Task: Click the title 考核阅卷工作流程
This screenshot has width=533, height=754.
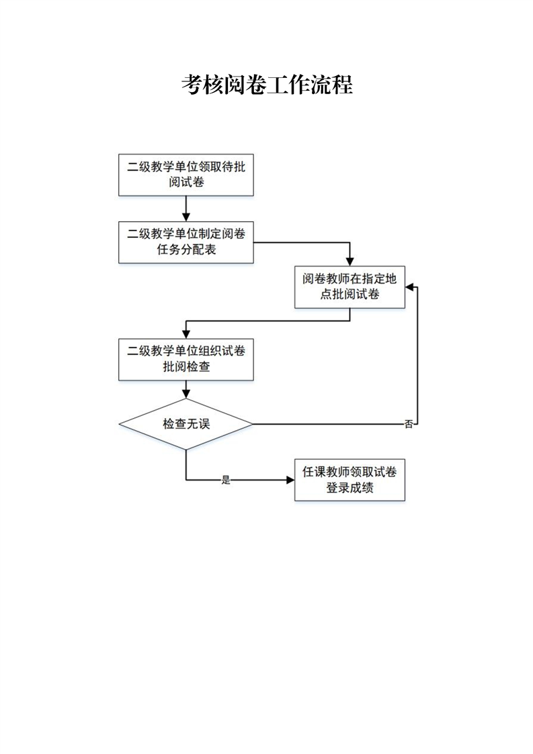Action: coord(267,85)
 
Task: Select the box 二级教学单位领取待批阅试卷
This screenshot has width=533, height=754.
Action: coord(186,175)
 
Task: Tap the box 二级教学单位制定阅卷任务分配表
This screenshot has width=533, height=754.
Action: coord(186,242)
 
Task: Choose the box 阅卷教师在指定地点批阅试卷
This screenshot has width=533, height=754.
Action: coord(350,287)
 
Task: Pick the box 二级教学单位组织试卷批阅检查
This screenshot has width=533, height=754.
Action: coord(186,359)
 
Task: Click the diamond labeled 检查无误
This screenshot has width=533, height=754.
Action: coord(186,424)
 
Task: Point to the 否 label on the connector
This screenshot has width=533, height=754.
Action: coord(409,425)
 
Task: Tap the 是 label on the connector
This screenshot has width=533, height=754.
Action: coord(226,480)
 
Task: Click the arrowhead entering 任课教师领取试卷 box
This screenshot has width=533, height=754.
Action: coord(290,480)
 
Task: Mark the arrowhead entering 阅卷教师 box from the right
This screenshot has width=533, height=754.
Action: coord(410,287)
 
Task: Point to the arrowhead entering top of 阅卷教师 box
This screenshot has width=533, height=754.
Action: coord(350,263)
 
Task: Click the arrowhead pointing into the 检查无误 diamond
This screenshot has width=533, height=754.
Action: coord(186,394)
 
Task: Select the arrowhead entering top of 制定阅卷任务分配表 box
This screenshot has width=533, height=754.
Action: coord(186,216)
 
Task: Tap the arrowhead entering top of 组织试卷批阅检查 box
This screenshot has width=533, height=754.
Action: coord(186,333)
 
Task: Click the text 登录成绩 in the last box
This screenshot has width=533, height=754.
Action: coord(350,489)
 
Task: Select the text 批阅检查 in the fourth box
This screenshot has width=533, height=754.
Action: coord(186,367)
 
